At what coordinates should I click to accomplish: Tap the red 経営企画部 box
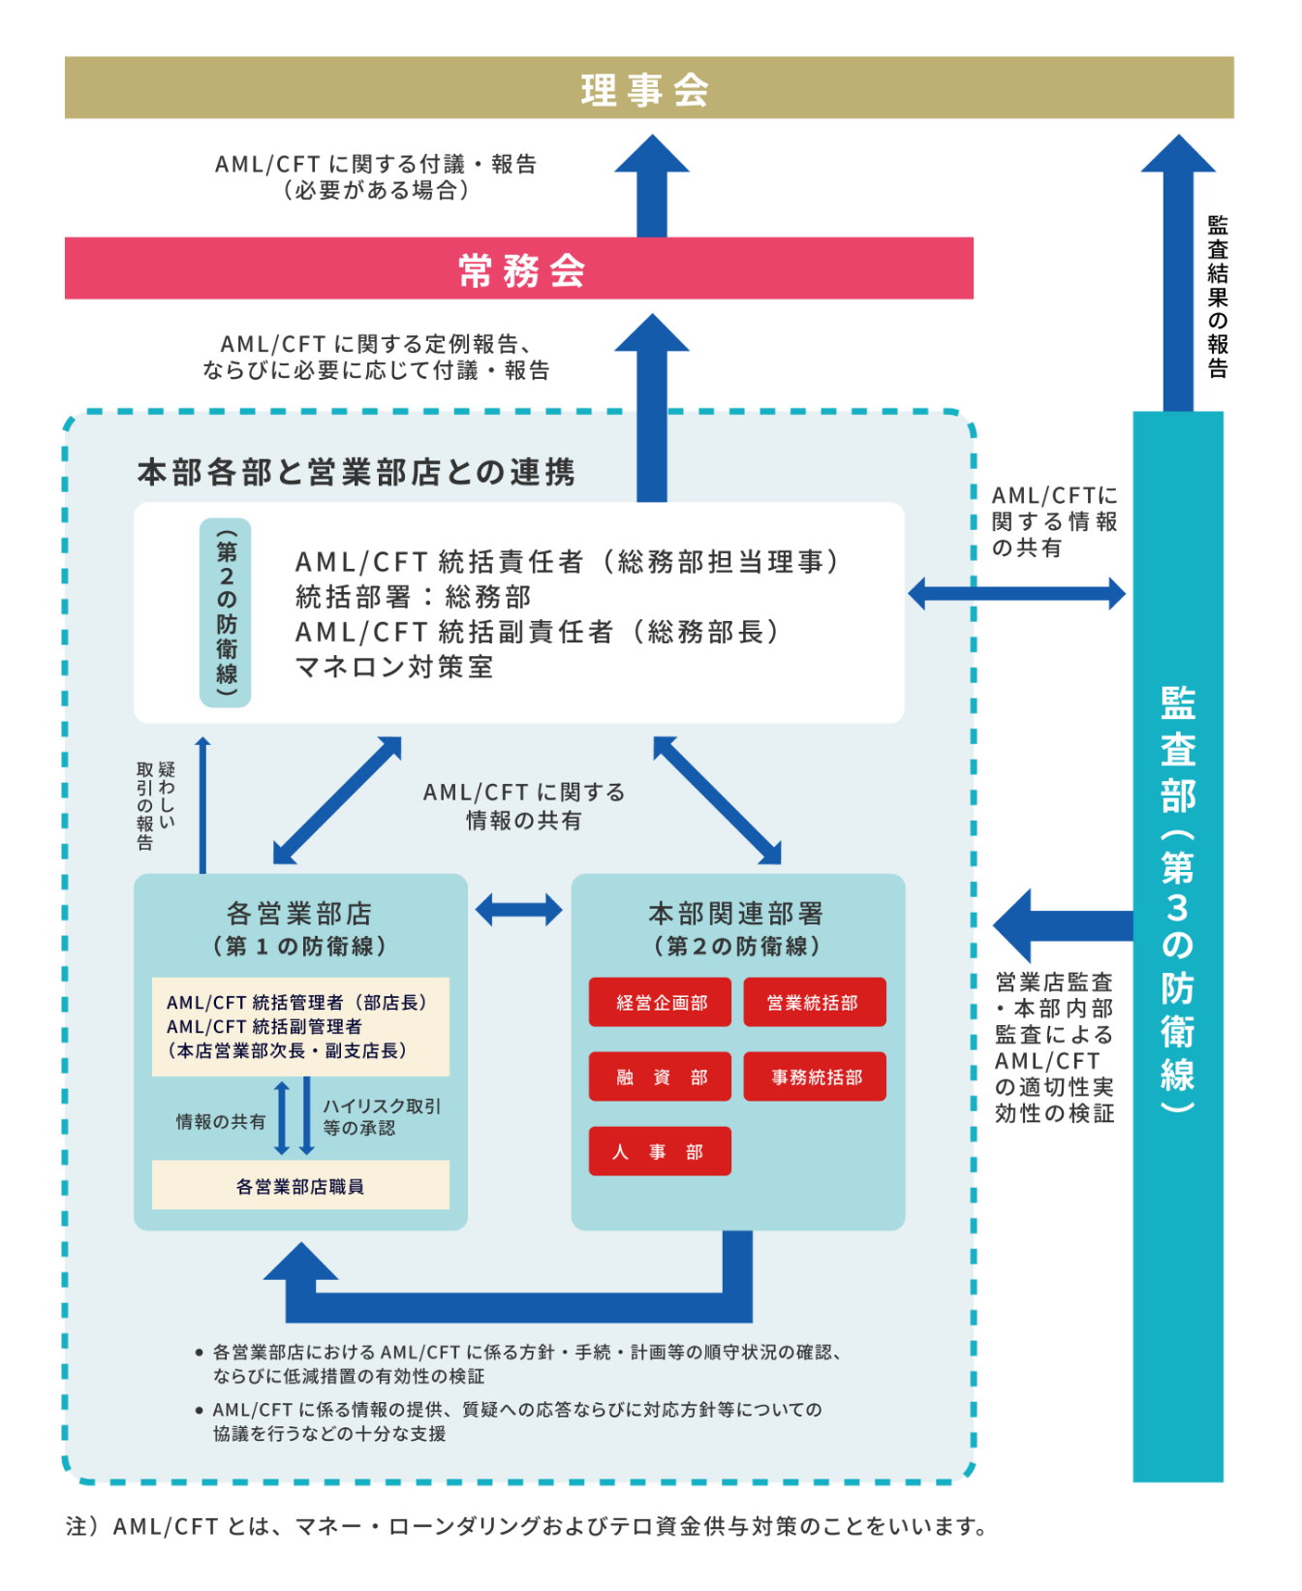coord(661,1003)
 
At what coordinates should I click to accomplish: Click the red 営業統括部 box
coord(814,1003)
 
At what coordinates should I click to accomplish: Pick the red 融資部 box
coord(661,1077)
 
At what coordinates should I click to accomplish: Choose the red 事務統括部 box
coord(814,1077)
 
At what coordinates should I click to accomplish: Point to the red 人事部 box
coord(659,1152)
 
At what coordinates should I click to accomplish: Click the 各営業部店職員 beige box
coord(300,1186)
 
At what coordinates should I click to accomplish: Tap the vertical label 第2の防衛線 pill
coord(226,612)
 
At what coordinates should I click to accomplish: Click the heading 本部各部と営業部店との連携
coord(356,472)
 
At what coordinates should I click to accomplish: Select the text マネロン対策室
coord(394,668)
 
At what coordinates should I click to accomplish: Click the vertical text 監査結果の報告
coord(1218,296)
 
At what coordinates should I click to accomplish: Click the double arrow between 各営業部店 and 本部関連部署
coord(519,910)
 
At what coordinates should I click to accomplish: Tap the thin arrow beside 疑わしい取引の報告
coord(202,804)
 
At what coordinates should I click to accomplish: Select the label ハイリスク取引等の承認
coord(382,1117)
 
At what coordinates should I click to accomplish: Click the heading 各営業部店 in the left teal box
coord(299,913)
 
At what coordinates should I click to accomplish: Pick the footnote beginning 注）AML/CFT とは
coord(527,1527)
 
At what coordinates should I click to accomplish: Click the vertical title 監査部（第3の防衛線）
coord(1178,901)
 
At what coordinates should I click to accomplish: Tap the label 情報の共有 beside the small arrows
coord(221,1122)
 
